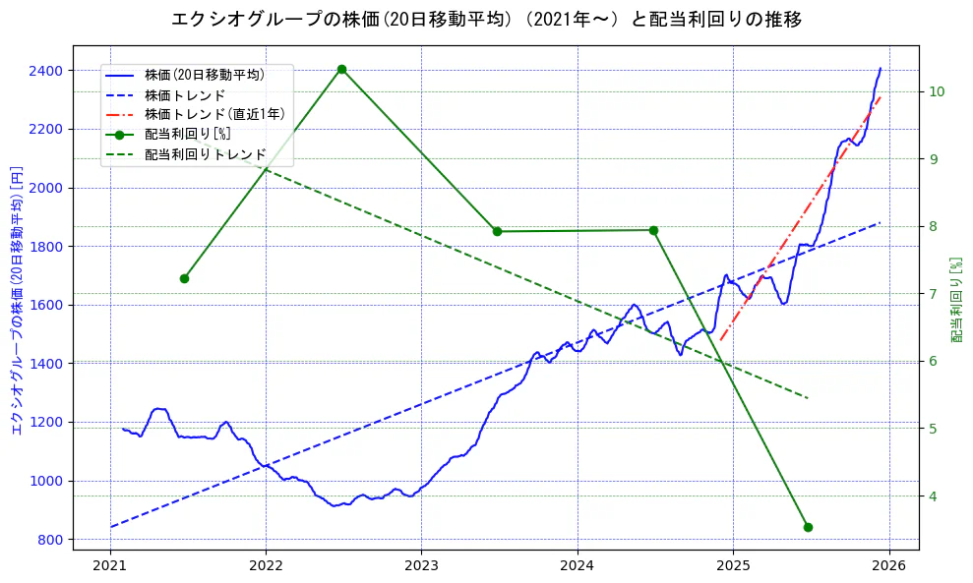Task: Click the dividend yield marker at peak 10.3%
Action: pos(341,69)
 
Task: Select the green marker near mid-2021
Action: pos(184,278)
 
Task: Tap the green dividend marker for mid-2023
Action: pos(497,231)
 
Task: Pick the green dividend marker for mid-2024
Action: pos(653,230)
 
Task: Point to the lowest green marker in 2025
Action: pos(808,527)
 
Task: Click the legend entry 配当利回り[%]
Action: pos(187,134)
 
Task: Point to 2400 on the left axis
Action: pos(45,71)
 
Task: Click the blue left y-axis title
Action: pos(17,301)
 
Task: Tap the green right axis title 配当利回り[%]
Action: pos(956,301)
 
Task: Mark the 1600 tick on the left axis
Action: pos(45,305)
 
